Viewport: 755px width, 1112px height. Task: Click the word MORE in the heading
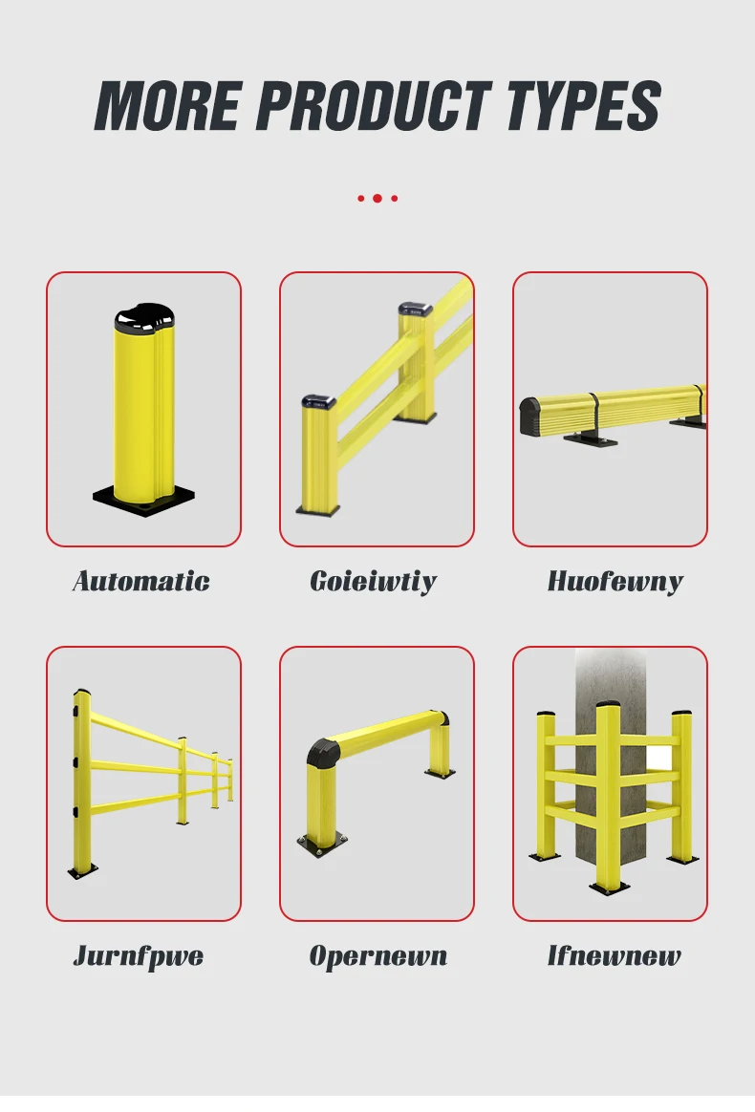169,105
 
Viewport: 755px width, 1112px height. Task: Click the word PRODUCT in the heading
374,105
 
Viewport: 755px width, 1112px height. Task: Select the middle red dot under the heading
377,199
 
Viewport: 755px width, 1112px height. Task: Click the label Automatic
141,582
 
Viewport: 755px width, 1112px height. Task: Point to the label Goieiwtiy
374,582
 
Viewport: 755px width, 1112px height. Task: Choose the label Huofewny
615,582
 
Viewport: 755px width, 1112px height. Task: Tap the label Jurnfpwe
139,956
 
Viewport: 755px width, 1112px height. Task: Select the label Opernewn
378,956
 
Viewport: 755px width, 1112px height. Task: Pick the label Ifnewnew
614,956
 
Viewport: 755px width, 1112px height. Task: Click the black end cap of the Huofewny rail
530,415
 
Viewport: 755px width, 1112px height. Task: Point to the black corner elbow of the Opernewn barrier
323,751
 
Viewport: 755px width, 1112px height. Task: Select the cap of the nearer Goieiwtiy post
318,402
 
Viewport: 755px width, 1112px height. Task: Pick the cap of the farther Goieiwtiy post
415,310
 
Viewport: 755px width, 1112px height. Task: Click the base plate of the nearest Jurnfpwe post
83,872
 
